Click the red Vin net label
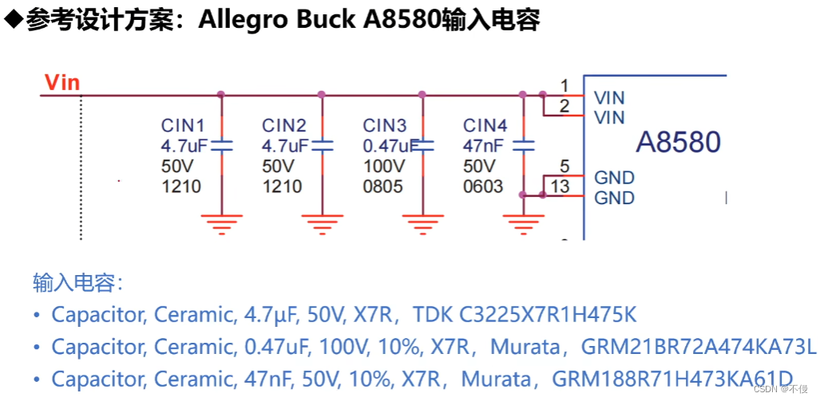61,82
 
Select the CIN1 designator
183,125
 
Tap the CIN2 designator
284,125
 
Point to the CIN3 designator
385,125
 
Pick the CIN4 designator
485,125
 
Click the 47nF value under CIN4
482,146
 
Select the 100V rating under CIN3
383,167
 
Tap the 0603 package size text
483,187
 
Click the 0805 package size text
382,187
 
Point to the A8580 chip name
678,143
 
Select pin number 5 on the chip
564,167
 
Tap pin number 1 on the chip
564,85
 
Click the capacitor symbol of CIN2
322,146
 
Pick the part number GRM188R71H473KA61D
672,378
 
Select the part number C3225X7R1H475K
548,315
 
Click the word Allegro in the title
243,20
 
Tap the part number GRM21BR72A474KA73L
699,347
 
